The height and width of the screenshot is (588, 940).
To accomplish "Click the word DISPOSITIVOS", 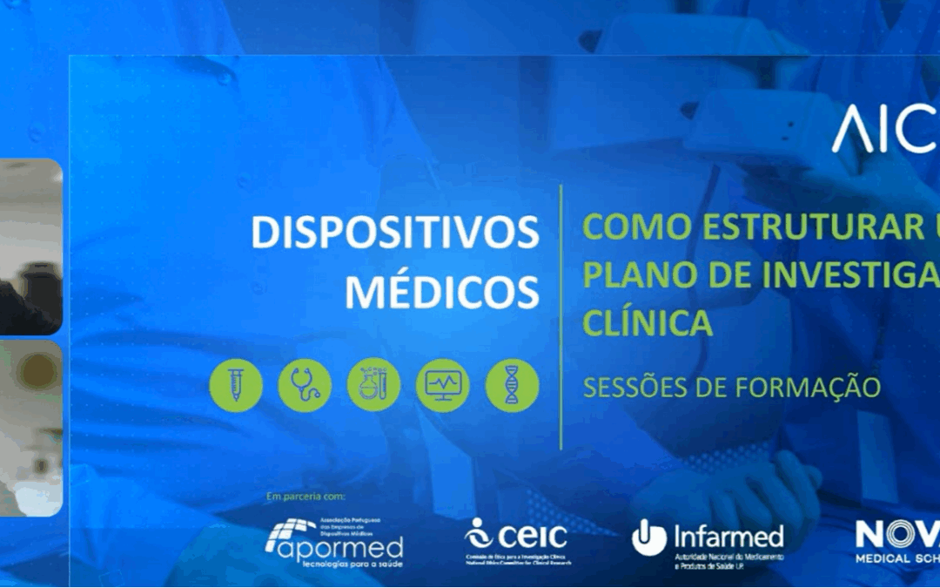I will (395, 233).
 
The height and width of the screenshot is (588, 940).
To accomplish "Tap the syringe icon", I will (236, 386).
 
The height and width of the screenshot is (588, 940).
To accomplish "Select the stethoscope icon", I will (305, 386).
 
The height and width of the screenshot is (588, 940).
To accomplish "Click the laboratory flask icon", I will (373, 386).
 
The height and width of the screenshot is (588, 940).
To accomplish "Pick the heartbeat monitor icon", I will (442, 386).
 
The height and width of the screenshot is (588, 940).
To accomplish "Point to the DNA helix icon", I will (512, 386).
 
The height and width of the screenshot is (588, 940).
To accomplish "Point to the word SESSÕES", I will (632, 386).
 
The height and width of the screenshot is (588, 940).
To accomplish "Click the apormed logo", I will (334, 540).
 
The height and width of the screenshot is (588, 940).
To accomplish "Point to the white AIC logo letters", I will (883, 132).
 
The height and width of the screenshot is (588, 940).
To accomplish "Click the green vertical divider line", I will (561, 317).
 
